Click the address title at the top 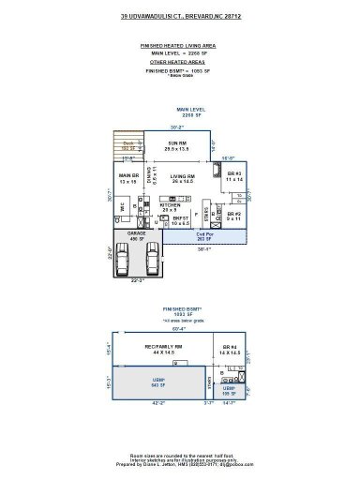pos(179,17)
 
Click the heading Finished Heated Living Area pos(179,45)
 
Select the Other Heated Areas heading pos(179,61)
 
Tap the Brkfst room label pos(180,221)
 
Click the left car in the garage pos(128,256)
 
